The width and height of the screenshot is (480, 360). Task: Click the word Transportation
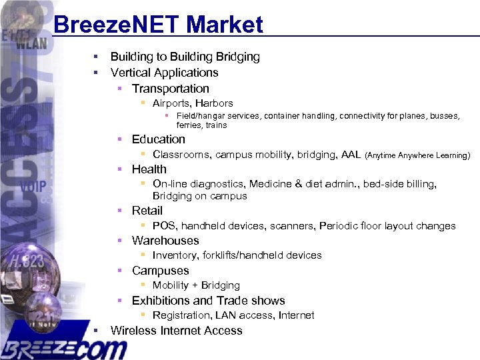(x=170, y=89)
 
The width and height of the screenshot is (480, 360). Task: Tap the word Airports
(x=171, y=103)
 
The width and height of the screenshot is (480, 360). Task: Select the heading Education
(x=158, y=139)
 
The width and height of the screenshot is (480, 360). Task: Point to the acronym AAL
(x=350, y=155)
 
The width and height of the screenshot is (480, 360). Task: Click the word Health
(x=149, y=169)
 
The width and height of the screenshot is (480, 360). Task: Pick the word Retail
(x=147, y=211)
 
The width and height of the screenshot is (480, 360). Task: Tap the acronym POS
(x=163, y=226)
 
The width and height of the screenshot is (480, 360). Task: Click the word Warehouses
(x=165, y=241)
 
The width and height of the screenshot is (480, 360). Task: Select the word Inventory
(x=174, y=255)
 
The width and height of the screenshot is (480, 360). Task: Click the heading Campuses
(x=160, y=271)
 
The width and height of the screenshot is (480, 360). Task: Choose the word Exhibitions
(x=160, y=301)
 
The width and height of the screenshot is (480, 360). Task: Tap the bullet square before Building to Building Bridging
(x=97, y=57)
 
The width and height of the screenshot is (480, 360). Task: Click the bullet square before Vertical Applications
(x=97, y=72)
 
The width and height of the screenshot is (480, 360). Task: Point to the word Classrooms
(x=181, y=155)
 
